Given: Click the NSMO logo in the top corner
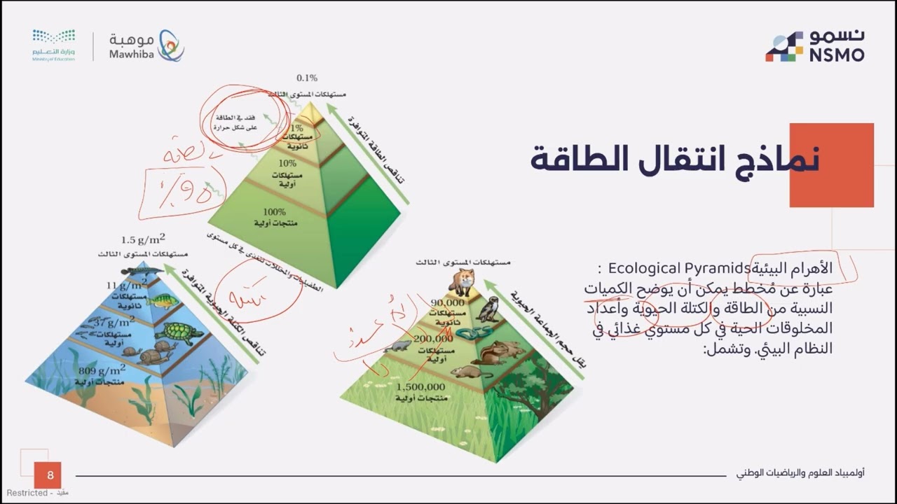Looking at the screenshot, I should pos(814,46).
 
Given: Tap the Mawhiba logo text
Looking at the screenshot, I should pos(131,46).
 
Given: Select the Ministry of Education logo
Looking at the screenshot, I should pos(53,45).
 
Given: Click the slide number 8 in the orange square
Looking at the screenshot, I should pos(50,476).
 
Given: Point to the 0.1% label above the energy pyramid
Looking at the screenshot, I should pos(307,78).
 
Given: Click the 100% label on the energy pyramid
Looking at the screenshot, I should pos(274,211).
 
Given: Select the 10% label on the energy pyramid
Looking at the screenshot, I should pos(287,163).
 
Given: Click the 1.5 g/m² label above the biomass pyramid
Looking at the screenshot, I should pos(143,239).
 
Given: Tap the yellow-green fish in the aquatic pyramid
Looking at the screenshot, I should pos(162,301).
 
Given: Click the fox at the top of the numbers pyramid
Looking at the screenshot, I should pos(463,281).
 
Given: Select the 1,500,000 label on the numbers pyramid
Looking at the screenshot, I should pos(420,386).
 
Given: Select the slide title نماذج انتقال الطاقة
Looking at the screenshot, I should pos(674,160).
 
